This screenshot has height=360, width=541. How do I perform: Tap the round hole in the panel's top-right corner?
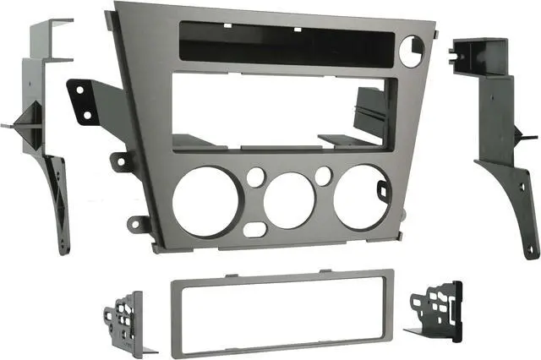point(411,52)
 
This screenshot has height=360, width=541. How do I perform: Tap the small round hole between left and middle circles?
point(254,178)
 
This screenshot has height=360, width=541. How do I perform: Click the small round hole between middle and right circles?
point(323,176)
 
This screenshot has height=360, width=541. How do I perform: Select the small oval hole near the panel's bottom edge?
point(254,229)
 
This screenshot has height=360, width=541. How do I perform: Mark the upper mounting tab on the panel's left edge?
point(123,161)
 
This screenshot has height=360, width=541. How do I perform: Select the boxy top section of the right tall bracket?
point(480,60)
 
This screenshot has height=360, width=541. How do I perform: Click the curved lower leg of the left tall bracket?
point(58,203)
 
